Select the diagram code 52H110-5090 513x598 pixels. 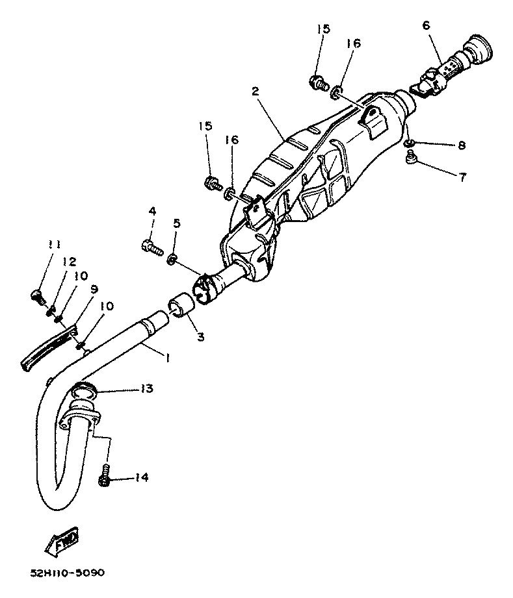tap(68, 573)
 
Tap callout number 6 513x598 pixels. tap(426, 25)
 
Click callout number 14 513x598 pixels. tap(142, 478)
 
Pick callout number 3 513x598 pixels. tap(200, 336)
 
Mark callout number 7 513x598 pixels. tap(462, 177)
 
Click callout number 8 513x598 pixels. tap(462, 145)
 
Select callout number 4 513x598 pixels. tap(152, 211)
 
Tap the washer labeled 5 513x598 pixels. tap(172, 260)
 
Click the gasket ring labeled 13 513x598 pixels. tap(83, 391)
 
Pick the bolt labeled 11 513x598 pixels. tap(38, 296)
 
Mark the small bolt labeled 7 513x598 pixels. tap(410, 156)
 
